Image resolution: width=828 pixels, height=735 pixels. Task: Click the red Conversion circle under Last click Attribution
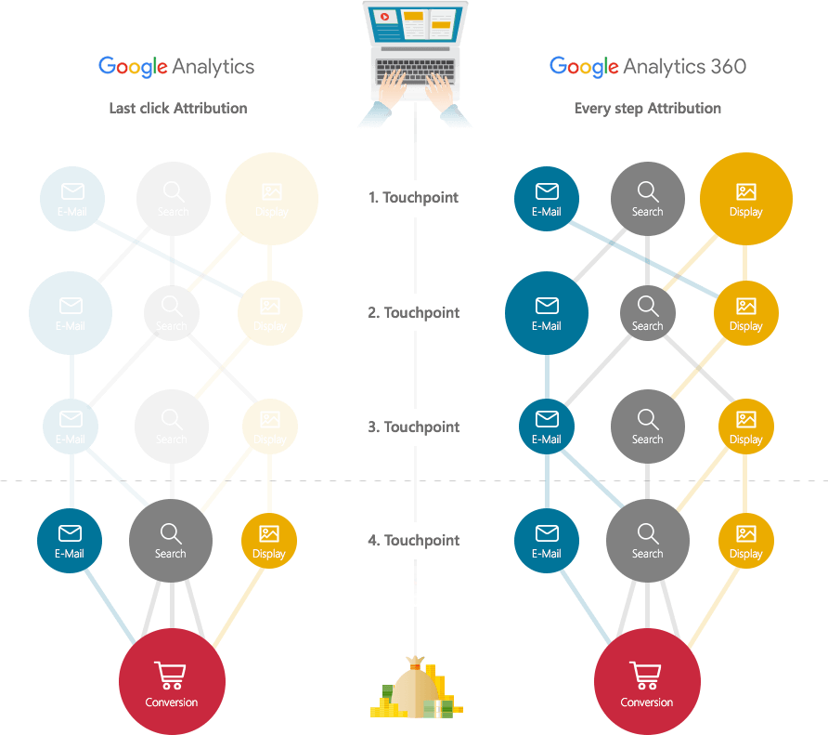click(x=172, y=681)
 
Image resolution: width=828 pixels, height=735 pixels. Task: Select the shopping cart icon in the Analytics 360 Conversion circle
click(x=646, y=674)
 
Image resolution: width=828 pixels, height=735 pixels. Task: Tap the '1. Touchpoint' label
click(x=413, y=197)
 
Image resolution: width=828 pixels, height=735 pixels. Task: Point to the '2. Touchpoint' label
click(x=413, y=312)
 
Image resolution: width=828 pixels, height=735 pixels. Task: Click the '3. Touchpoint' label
click(x=413, y=427)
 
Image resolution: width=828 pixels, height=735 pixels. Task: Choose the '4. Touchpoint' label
click(x=413, y=540)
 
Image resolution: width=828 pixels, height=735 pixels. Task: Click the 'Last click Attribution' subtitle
click(x=177, y=109)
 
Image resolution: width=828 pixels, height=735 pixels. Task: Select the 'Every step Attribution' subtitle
click(x=647, y=109)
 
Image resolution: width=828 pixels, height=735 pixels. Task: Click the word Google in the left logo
click(x=132, y=67)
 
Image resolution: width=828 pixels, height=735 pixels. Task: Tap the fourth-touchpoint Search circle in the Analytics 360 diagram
click(x=647, y=540)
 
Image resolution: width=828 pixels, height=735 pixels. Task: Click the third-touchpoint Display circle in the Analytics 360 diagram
click(x=745, y=427)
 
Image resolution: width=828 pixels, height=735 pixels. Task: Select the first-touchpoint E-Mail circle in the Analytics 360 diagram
click(x=546, y=199)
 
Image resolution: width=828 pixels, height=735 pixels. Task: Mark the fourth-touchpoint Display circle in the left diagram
click(x=269, y=541)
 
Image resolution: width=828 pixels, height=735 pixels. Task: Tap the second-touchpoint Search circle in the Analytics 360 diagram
click(x=647, y=313)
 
